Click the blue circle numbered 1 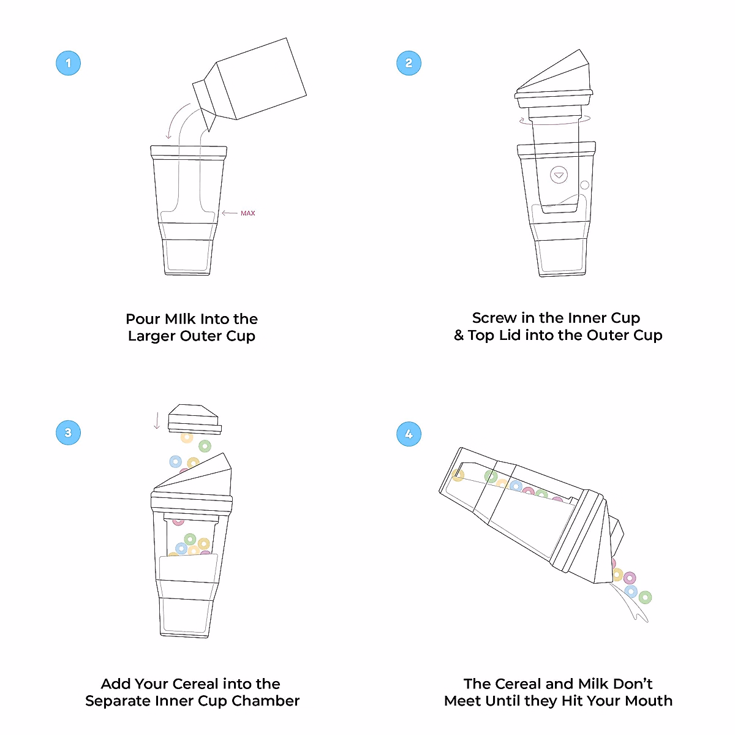(x=68, y=63)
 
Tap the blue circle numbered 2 (x=409, y=63)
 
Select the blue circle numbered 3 (x=68, y=432)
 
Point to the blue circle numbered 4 (x=409, y=434)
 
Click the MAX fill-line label (x=247, y=213)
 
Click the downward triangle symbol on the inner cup (x=558, y=175)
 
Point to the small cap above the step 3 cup (x=194, y=418)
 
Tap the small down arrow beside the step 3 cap (x=157, y=421)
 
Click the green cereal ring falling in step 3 (x=205, y=447)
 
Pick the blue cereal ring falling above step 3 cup (x=175, y=461)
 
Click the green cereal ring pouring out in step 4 (x=645, y=597)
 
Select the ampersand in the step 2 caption (x=459, y=336)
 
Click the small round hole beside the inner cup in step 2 (x=584, y=185)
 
